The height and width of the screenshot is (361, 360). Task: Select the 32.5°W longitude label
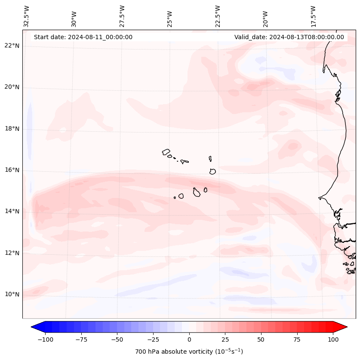(27, 16)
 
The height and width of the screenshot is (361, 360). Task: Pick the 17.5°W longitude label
(313, 16)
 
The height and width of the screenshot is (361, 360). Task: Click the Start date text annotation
(83, 37)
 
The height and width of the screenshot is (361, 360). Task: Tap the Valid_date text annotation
(289, 37)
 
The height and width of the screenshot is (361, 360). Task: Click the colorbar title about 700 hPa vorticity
(189, 352)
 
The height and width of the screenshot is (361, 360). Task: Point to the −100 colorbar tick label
(45, 339)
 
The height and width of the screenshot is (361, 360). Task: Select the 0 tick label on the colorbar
(189, 339)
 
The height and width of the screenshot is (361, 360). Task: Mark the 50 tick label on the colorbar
(261, 339)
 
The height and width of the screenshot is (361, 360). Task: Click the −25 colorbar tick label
(153, 339)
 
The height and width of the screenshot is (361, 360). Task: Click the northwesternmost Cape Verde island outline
(166, 152)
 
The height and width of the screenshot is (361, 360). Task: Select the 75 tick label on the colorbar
(297, 339)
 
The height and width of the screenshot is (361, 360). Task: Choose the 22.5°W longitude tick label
(218, 16)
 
